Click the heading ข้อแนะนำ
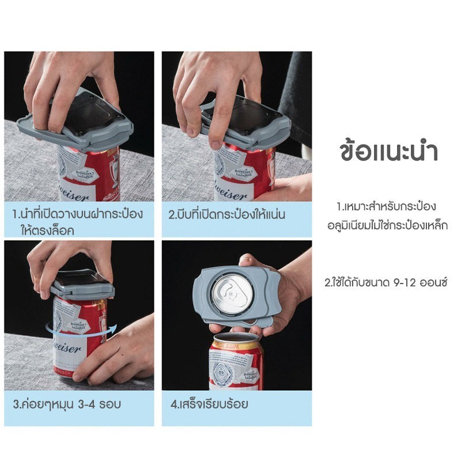388,152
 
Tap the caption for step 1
78,221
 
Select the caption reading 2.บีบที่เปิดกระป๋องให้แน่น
226,214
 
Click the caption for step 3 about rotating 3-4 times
67,405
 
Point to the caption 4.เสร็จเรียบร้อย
209,404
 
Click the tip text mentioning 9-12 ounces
386,282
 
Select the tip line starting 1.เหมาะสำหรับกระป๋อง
386,206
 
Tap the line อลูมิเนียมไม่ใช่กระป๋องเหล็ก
387,225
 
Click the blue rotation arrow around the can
81,334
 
